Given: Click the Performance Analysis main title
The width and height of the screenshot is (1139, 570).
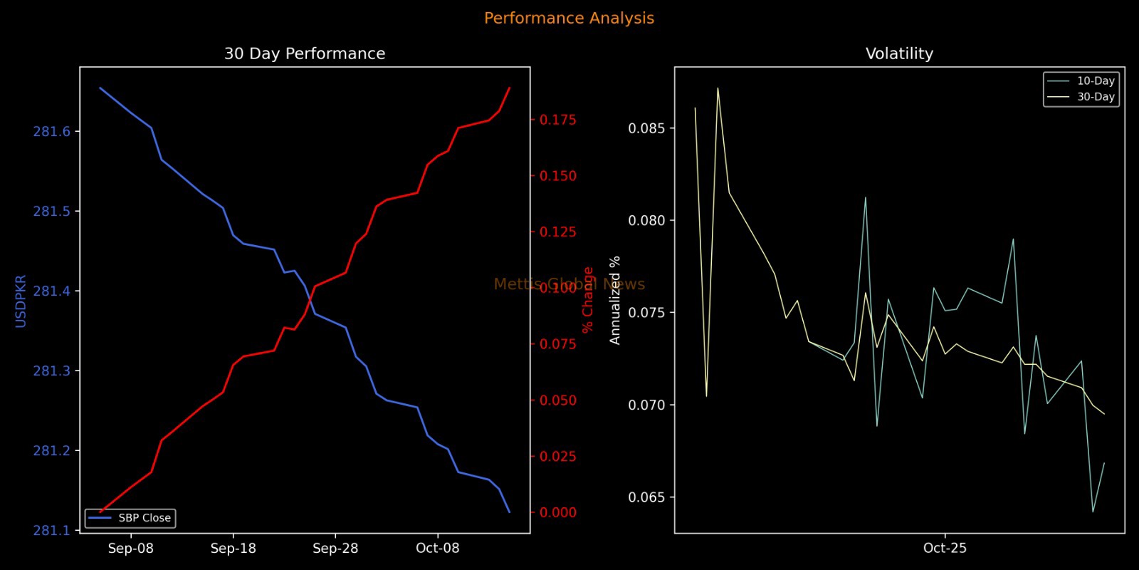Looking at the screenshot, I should pyautogui.click(x=569, y=19).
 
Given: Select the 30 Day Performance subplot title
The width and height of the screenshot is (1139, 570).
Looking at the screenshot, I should pyautogui.click(x=305, y=54).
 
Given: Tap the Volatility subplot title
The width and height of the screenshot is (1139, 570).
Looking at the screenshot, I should pyautogui.click(x=899, y=54).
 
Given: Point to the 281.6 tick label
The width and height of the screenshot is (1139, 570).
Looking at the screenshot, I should pyautogui.click(x=52, y=132).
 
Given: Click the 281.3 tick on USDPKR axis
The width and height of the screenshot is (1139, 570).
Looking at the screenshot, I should pyautogui.click(x=52, y=371).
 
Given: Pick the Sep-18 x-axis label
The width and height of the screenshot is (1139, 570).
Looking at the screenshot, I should pyautogui.click(x=233, y=548).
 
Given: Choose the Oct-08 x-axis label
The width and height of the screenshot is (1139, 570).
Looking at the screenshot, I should pyautogui.click(x=437, y=548).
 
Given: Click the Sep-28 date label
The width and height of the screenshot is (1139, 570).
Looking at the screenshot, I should pyautogui.click(x=335, y=548).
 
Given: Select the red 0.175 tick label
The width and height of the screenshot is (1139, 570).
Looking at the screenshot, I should pyautogui.click(x=557, y=120).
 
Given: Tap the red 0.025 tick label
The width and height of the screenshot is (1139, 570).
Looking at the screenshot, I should pyautogui.click(x=557, y=457).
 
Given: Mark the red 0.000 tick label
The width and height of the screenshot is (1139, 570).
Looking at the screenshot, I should pyautogui.click(x=557, y=512).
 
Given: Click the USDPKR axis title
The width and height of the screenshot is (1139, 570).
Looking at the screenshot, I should pyautogui.click(x=21, y=301).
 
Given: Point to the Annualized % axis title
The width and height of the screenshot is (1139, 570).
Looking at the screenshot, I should pyautogui.click(x=615, y=301).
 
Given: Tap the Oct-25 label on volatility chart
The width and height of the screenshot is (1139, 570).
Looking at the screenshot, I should pyautogui.click(x=945, y=548).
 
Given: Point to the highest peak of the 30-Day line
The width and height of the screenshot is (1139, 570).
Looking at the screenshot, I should pyautogui.click(x=718, y=88).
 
